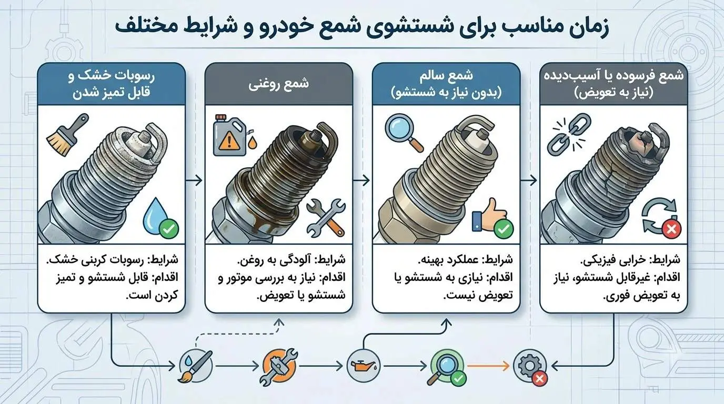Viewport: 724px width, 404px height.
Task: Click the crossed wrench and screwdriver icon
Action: (x=326, y=218)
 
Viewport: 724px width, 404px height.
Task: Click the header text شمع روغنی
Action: (x=278, y=84)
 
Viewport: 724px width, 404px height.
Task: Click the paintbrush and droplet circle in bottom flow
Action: (x=196, y=366)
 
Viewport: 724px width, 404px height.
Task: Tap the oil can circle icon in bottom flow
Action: (x=363, y=366)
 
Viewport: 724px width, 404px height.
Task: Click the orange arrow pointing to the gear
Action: (x=488, y=366)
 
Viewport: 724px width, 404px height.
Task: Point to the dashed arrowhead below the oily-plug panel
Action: (x=279, y=322)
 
